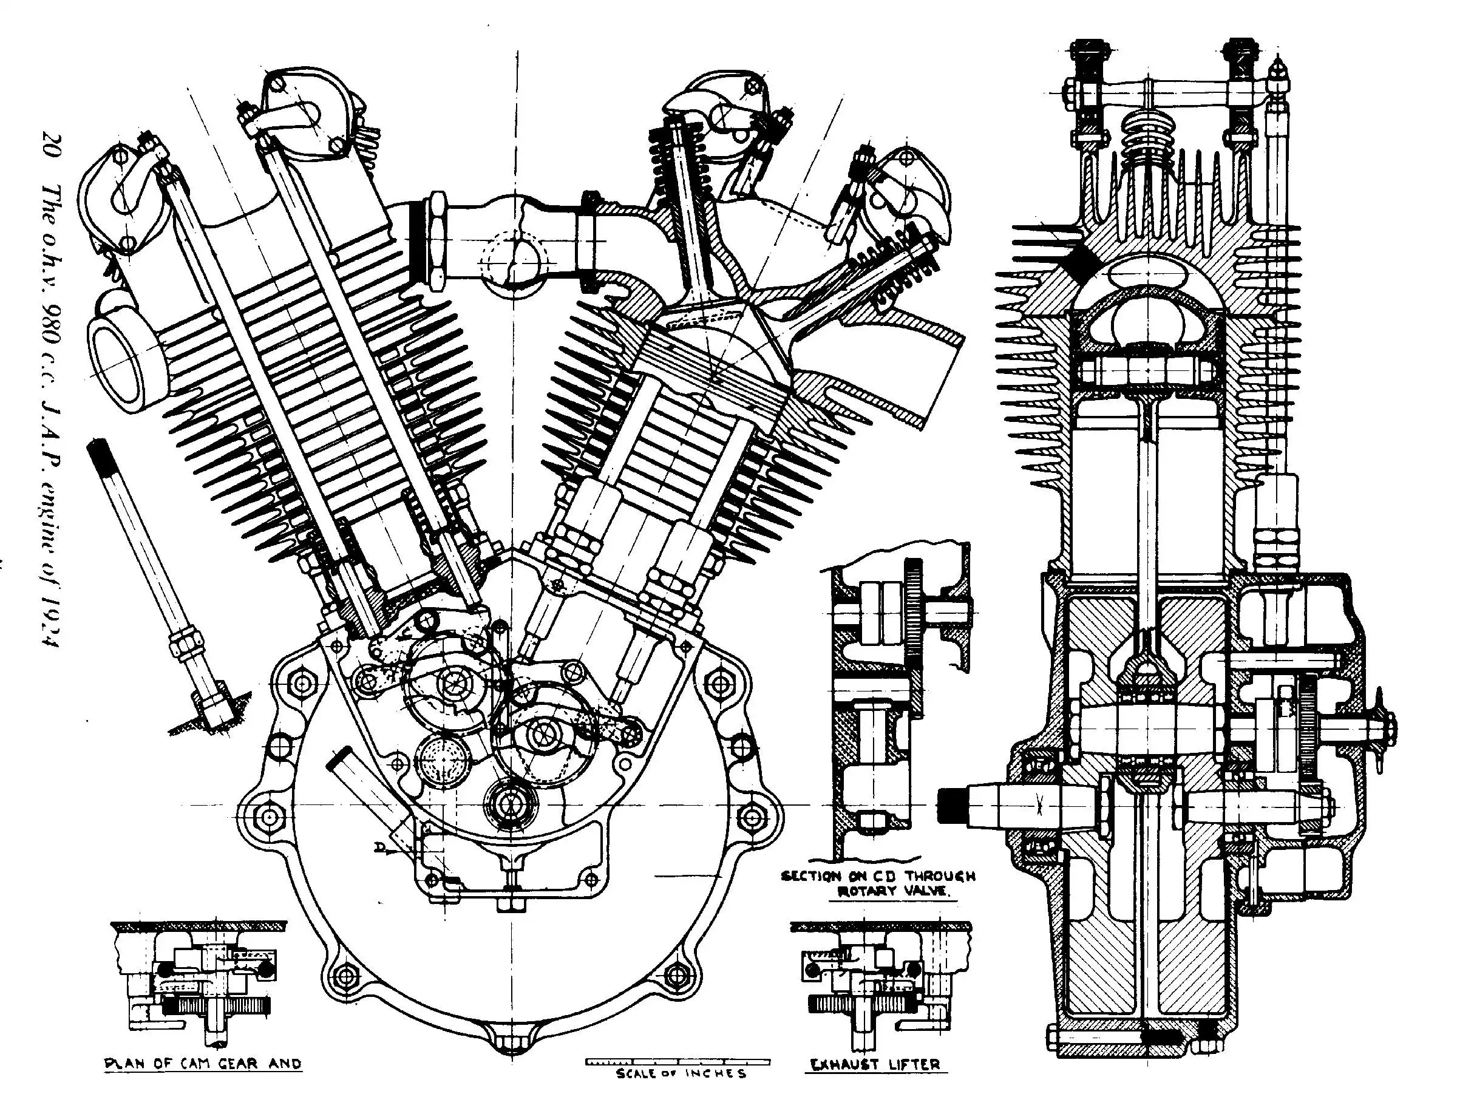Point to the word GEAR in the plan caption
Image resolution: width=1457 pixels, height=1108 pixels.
click(239, 1064)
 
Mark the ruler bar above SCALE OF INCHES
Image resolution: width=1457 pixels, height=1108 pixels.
click(678, 1062)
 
